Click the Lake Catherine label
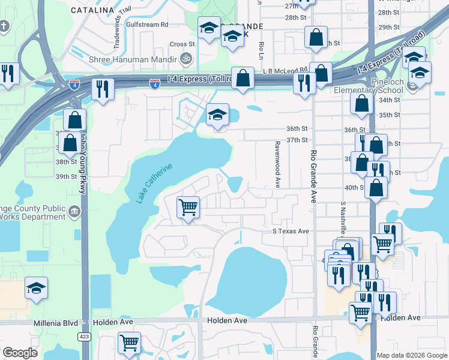(154, 183)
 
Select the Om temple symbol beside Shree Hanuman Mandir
(186, 59)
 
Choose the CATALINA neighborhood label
(92, 10)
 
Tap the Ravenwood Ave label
(277, 163)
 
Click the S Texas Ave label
(291, 231)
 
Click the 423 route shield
(84, 337)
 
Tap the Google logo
(20, 353)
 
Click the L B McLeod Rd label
(285, 70)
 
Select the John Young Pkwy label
(82, 162)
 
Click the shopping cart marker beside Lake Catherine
(188, 208)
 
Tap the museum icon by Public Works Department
(75, 211)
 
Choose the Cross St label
(182, 44)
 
